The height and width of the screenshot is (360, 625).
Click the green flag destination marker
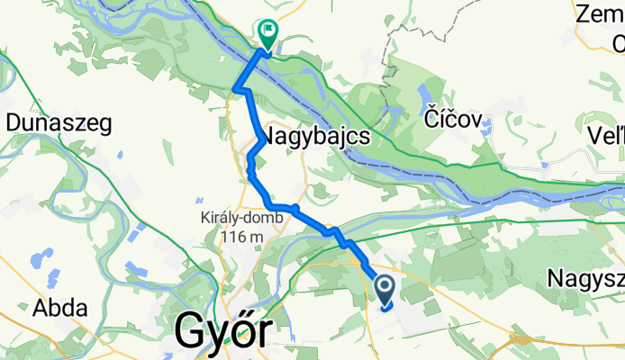click(x=268, y=33)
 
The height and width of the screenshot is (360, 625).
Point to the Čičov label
click(x=456, y=121)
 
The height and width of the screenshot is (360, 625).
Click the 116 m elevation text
click(x=240, y=237)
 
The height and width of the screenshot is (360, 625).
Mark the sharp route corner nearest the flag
click(x=236, y=89)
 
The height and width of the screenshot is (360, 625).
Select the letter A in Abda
click(x=41, y=308)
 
